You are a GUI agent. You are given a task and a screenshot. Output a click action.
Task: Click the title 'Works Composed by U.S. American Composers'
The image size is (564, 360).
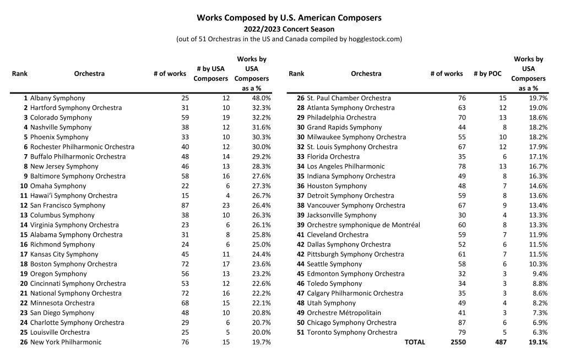tap(289, 18)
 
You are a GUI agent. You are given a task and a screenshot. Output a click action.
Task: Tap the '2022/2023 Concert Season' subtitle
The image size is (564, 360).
tap(289, 29)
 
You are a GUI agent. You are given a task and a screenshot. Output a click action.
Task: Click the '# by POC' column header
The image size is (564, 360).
tap(487, 74)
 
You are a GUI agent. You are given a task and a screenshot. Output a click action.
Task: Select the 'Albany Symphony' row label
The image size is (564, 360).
tap(57, 98)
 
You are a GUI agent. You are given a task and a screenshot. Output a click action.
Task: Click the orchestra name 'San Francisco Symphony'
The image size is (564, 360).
tap(68, 205)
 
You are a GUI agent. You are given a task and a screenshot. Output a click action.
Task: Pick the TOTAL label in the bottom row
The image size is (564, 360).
tap(415, 342)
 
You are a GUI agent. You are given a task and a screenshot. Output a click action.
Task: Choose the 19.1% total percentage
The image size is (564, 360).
tap(538, 342)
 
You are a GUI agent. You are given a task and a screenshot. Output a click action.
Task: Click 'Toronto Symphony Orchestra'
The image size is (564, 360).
tap(351, 332)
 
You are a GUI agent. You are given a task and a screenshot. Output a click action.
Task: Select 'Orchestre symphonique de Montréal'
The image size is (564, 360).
tap(363, 225)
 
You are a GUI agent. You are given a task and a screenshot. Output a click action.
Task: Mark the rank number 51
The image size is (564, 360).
tap(300, 332)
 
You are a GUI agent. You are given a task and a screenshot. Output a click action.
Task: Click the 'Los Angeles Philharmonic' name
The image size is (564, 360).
tap(345, 166)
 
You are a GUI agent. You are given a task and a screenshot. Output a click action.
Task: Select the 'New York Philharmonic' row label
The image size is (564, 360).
tap(66, 342)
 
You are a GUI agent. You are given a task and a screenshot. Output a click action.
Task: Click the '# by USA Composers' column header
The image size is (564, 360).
tap(210, 74)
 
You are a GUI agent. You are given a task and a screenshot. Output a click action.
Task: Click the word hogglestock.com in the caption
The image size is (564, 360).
tap(373, 39)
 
